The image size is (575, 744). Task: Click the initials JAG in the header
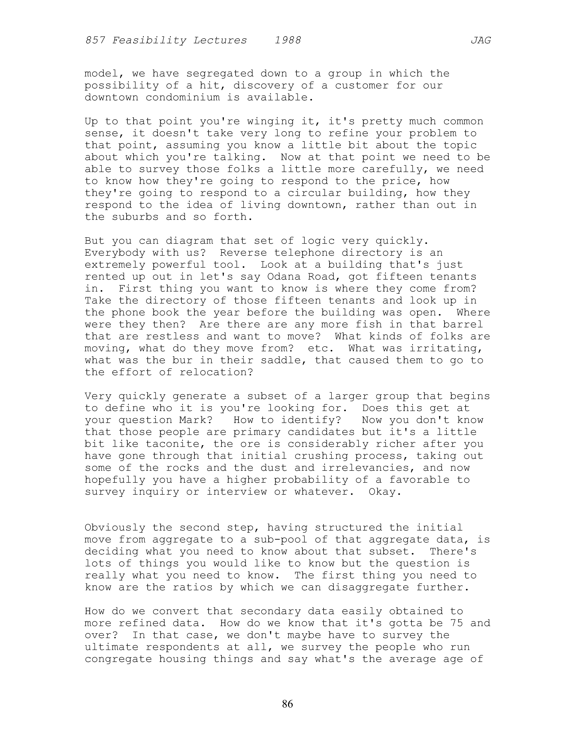(481, 41)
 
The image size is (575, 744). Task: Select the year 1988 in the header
(288, 41)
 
